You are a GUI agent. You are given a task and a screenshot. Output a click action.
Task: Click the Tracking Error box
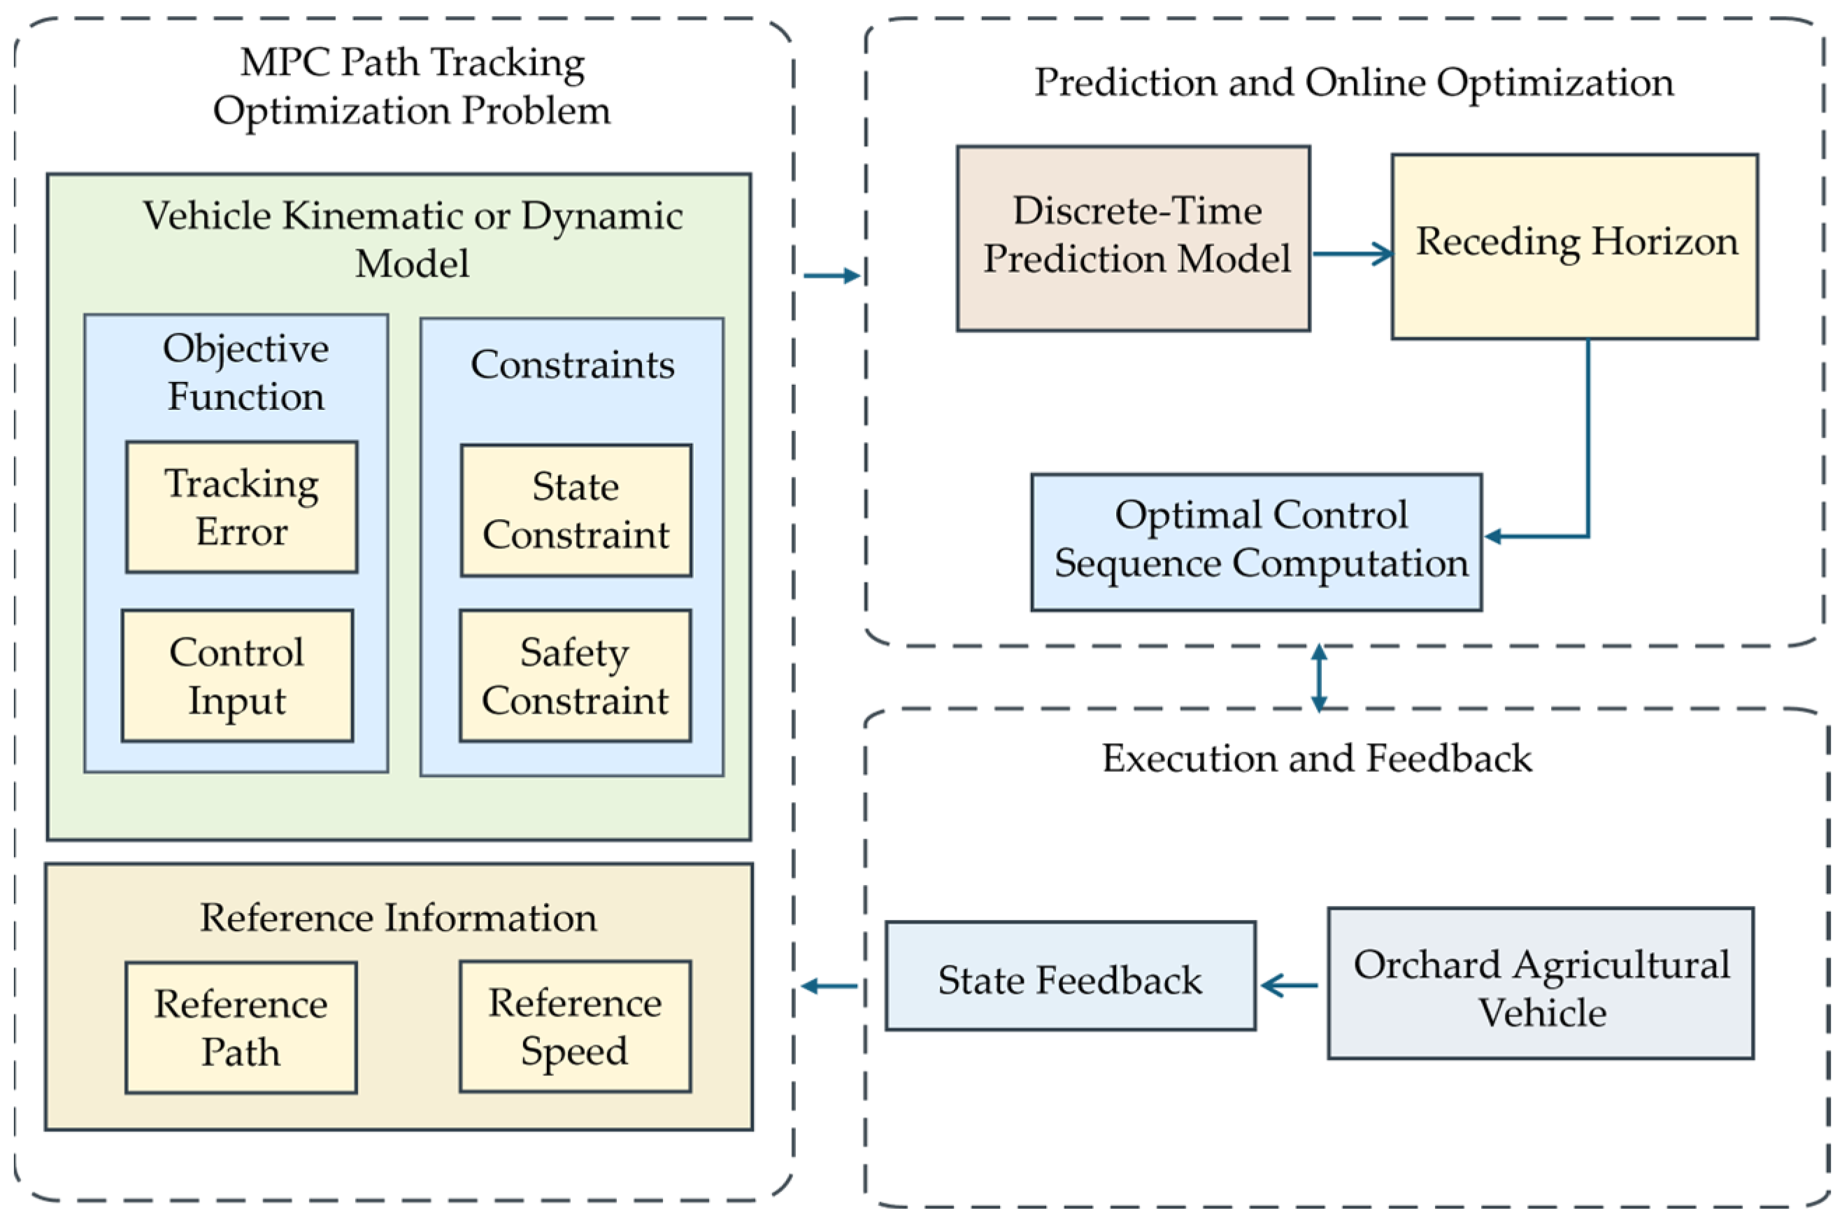coord(242,507)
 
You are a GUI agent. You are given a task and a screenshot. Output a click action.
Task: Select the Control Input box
coord(237,676)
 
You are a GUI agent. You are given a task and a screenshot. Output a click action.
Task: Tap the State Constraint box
coord(576,510)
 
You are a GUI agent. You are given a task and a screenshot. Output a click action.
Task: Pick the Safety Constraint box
coord(576,676)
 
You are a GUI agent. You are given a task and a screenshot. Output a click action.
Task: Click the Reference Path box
coord(241,1027)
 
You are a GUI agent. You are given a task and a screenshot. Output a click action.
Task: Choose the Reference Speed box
coord(576,1026)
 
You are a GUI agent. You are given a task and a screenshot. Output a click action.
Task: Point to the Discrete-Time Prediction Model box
coord(1134,239)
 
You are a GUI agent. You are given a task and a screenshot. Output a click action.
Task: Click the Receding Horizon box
coord(1575,247)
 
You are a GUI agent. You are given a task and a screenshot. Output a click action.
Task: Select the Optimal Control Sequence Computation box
coord(1257,542)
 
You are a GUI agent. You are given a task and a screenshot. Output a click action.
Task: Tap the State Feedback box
coord(1071,976)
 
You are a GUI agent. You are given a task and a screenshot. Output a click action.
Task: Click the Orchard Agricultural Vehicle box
coord(1541,984)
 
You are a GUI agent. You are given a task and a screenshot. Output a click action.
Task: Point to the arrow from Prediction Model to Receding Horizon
coord(1352,253)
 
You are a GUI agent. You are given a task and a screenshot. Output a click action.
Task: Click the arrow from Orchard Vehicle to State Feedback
coord(1289,985)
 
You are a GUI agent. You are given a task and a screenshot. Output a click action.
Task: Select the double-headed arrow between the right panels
coord(1319,677)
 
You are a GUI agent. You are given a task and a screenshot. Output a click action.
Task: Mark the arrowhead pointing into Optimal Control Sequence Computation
coord(1493,536)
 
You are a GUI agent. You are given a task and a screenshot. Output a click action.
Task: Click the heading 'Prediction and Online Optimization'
coord(1354,83)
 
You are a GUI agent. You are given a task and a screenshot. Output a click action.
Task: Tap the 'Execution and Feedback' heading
coord(1318,758)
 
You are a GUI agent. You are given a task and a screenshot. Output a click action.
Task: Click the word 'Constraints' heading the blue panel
coord(572,364)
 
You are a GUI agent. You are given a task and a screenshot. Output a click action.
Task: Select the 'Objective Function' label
coord(246,372)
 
